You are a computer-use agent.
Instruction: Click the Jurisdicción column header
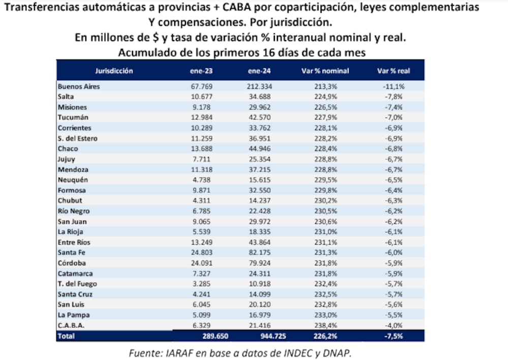[114, 71]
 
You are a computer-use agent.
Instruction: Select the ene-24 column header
[259, 71]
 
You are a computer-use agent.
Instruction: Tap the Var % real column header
[393, 71]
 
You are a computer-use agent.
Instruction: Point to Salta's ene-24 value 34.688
[259, 97]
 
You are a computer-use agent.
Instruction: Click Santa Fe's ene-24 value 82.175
[259, 253]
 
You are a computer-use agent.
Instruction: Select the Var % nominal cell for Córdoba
[326, 263]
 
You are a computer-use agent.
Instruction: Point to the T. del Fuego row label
[77, 284]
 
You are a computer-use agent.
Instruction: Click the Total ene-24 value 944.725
[259, 336]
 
